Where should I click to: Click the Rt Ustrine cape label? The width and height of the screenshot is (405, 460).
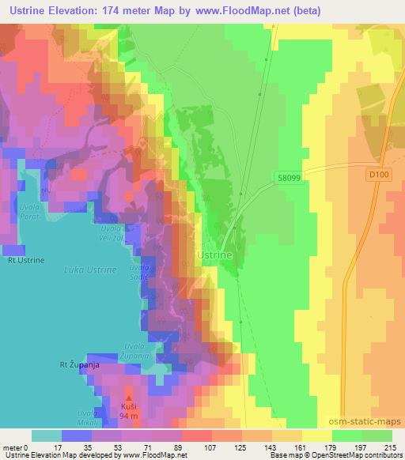pos(25,259)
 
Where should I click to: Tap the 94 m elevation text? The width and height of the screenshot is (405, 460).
pos(131,415)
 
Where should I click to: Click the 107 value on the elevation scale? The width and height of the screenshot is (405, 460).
pos(210,447)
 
